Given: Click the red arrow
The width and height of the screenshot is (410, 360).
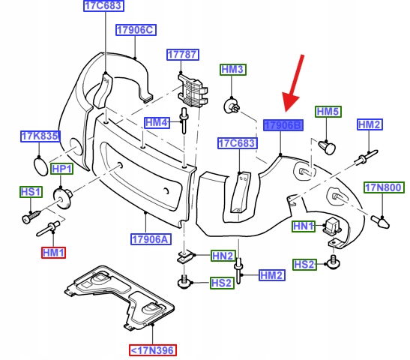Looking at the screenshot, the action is tap(293, 83).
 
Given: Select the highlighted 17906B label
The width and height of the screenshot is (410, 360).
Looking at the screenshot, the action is tap(283, 125).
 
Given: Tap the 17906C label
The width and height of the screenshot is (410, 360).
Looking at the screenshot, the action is tap(136, 30).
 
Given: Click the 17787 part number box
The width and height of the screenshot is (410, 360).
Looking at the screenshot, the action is tap(183, 55).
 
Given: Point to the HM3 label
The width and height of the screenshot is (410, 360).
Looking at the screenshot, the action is tap(232, 70).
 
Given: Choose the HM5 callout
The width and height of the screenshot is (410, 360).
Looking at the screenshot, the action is tap(328, 112).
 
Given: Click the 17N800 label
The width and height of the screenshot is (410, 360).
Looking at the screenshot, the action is tap(384, 187).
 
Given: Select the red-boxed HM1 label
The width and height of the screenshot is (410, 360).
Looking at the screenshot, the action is tap(53, 253).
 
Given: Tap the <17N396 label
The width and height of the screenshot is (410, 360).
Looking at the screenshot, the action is tap(153, 350).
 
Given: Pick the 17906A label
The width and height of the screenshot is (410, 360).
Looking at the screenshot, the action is tap(151, 239).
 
